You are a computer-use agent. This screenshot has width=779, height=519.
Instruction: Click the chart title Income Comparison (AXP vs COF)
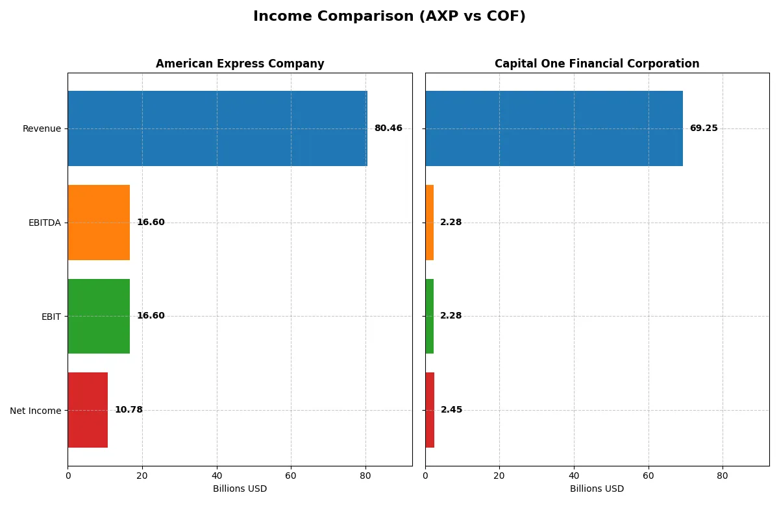coord(389,17)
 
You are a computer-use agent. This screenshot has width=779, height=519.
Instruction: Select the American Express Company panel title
coord(240,64)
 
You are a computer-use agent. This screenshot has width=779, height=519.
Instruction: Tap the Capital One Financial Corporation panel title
coord(597,64)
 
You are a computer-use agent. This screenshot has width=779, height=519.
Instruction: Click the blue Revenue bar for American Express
coord(217,128)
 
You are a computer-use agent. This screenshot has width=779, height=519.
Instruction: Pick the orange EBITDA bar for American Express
coord(99,223)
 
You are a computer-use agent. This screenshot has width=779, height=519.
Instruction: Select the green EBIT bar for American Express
coord(99,316)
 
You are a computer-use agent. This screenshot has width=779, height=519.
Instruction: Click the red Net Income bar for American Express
coord(88,410)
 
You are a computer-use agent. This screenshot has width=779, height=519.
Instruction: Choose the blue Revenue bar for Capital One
coord(554,128)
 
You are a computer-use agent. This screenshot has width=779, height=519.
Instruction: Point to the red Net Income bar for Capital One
coord(430,410)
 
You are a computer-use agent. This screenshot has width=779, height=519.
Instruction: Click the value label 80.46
coord(388,128)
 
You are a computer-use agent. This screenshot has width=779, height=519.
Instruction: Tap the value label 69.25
coord(704,128)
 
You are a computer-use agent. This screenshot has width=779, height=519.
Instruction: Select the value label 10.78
coord(129,410)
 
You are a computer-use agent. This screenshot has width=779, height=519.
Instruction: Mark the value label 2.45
coord(452,410)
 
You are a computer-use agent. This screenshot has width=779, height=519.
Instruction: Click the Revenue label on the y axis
coord(42,128)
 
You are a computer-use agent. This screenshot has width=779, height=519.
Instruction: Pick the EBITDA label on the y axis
coord(45,223)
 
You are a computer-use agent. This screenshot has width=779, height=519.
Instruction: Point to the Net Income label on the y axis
coord(35,411)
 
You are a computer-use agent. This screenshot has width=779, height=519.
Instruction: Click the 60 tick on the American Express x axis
coord(291,476)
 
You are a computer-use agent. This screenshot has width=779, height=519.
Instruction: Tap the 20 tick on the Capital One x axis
coord(499,476)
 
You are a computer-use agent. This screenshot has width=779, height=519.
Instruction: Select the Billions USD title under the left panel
coord(240,489)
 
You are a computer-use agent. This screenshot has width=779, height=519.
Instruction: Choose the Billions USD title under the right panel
coord(597,489)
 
